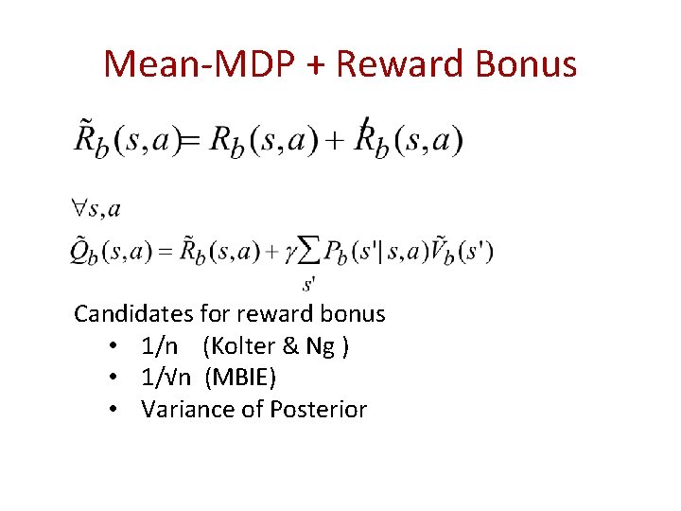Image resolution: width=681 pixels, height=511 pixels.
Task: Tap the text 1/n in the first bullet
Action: click(158, 346)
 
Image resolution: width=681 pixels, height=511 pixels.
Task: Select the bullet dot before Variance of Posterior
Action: click(112, 410)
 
